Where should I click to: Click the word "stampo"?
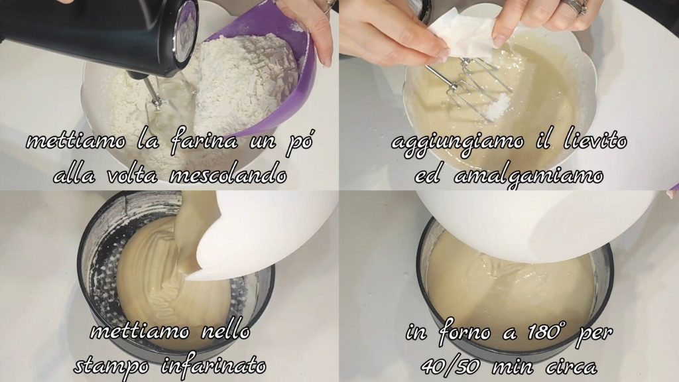(x=111, y=366)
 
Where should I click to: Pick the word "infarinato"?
(x=214, y=365)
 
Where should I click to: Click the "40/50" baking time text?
(x=450, y=367)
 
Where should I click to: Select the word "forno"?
(x=465, y=333)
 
